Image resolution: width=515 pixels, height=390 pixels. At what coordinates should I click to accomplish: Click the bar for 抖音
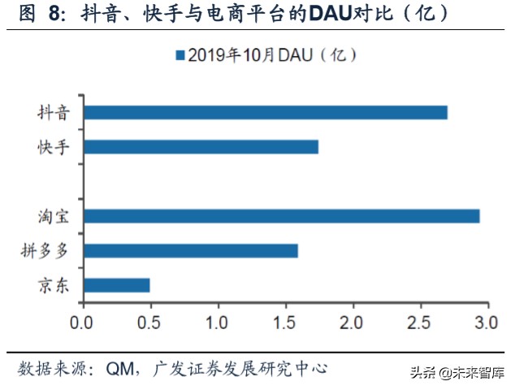pyautogui.click(x=265, y=112)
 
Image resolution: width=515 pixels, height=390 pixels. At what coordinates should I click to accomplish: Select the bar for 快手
pyautogui.click(x=201, y=147)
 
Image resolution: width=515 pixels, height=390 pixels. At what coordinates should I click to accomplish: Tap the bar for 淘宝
pyautogui.click(x=281, y=216)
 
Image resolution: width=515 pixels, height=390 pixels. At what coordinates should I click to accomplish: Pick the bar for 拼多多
pyautogui.click(x=190, y=250)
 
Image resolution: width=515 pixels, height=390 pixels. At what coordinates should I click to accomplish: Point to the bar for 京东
pyautogui.click(x=116, y=285)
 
